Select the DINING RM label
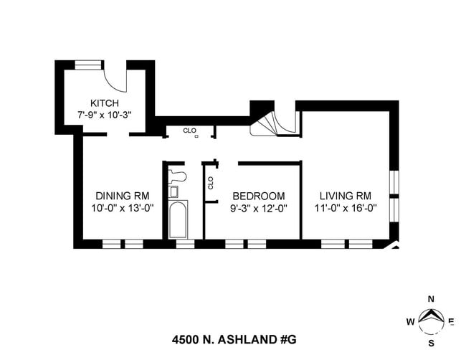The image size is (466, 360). point(123,196)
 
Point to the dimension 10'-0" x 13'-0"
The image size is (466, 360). point(123,208)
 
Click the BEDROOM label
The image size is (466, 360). point(258,196)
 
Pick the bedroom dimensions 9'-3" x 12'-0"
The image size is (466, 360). point(258,208)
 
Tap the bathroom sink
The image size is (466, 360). point(173,191)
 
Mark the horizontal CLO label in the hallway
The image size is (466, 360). point(189,131)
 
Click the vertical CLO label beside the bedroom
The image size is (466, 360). point(210,182)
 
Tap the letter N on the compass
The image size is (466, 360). point(431,299)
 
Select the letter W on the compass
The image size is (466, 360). point(410,322)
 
